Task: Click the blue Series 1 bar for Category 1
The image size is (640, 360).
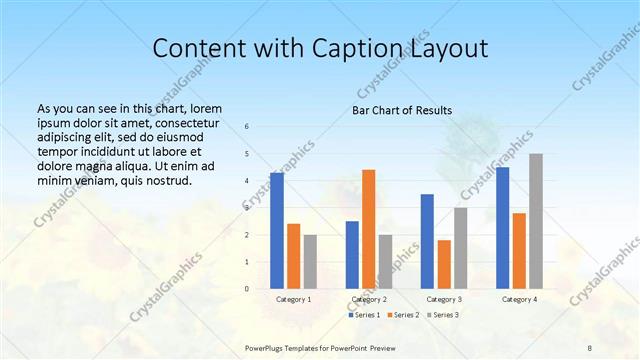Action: pos(277,231)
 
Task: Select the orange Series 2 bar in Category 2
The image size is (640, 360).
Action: pos(368,229)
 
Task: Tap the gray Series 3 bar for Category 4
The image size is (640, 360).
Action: pos(536,221)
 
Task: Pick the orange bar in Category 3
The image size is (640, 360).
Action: pos(444,264)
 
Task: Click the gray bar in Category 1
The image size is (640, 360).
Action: pos(310,262)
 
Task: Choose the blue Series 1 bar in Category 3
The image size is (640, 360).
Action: pos(427,241)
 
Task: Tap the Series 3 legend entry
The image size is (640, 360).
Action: pos(444,315)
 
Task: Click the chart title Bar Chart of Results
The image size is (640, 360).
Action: pos(401,110)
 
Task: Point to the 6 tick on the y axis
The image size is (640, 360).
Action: pos(247,126)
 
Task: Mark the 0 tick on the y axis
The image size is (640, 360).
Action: pos(247,289)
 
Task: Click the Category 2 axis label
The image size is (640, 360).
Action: pos(368,299)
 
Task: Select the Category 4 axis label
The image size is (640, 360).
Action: pos(519,299)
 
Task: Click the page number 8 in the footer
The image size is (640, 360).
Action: pos(590,347)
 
